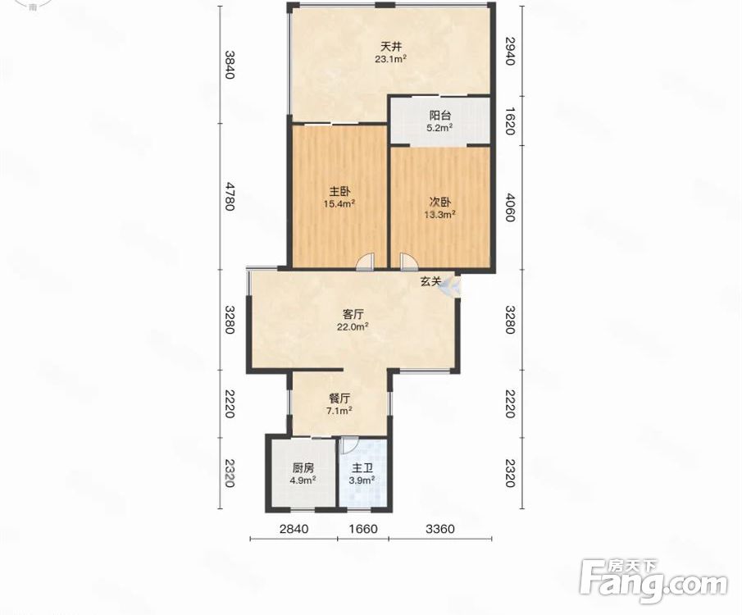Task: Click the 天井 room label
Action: coord(391,47)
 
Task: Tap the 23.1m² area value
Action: coord(391,59)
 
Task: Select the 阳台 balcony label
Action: coord(440,115)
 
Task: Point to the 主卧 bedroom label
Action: coord(339,192)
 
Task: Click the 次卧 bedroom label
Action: coord(439,203)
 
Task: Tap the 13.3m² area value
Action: coord(439,215)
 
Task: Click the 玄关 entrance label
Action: coord(430,282)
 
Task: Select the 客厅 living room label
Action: coord(353,314)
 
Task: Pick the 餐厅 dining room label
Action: coord(339,399)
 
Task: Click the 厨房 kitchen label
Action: coord(303,468)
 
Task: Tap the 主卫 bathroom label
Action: coord(362,468)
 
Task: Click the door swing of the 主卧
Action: coord(366,262)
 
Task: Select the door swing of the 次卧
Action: coord(408,262)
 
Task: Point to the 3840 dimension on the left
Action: coord(229,65)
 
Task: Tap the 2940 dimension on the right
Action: coord(509,51)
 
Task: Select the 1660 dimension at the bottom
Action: coord(362,528)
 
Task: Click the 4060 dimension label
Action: coord(509,207)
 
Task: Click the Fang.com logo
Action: coord(653,581)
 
